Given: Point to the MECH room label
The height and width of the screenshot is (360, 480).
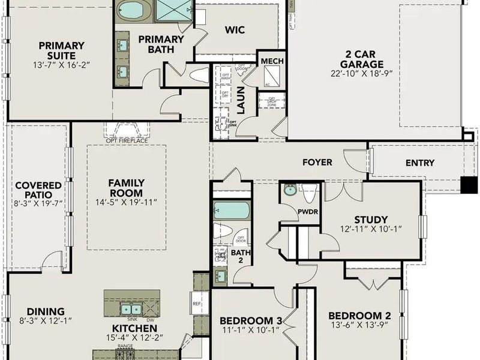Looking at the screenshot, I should (272, 62).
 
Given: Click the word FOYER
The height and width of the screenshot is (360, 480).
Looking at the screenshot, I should (317, 163).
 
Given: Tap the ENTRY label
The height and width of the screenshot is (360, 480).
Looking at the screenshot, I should (420, 163).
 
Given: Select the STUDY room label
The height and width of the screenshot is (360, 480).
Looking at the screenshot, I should (371, 220).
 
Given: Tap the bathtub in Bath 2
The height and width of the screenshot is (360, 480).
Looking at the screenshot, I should (231, 211).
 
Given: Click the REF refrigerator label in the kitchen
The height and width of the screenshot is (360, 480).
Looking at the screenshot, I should (196, 304).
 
